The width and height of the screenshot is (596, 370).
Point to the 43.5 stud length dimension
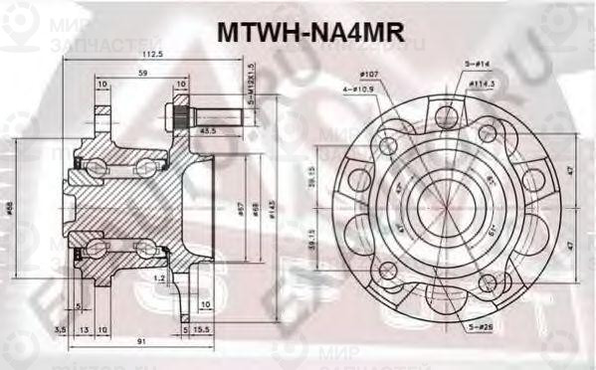click(209, 129)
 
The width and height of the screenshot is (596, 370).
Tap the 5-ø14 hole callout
click(476, 63)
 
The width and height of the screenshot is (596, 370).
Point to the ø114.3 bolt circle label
click(483, 84)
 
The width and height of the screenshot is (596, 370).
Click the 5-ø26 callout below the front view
click(486, 325)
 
